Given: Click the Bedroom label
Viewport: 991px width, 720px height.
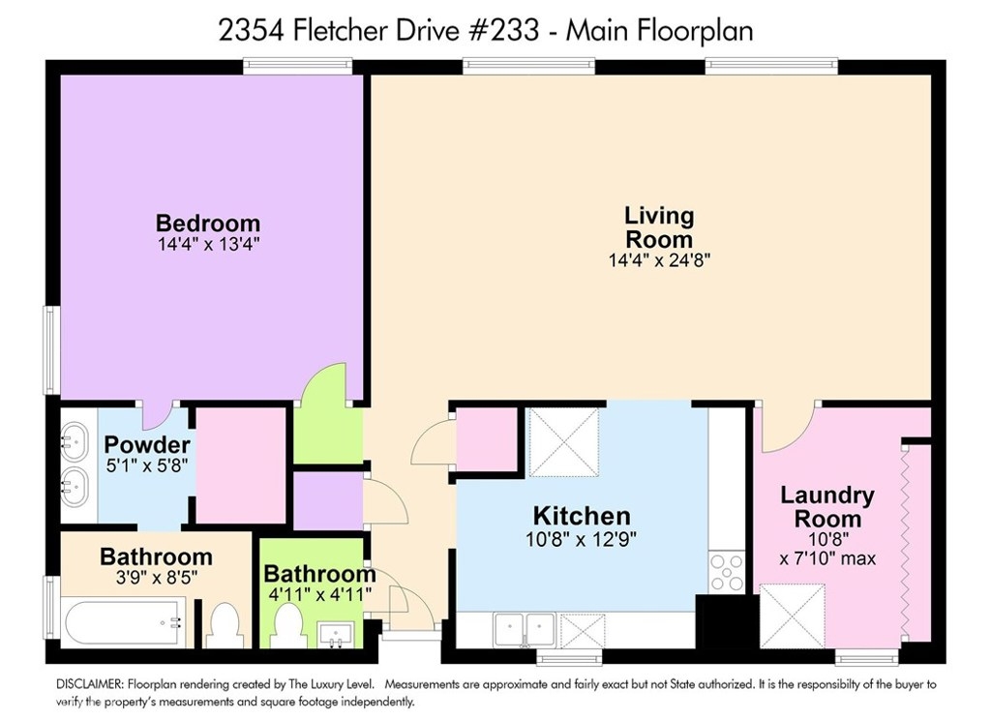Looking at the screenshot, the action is (208, 224).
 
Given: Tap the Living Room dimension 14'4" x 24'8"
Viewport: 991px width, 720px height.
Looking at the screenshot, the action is (659, 259).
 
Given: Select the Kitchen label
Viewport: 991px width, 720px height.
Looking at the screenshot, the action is (582, 516).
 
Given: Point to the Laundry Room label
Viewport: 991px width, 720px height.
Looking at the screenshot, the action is (827, 507).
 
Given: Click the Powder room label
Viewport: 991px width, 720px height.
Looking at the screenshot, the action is (147, 444).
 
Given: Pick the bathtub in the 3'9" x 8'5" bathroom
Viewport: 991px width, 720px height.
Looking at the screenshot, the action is (126, 622).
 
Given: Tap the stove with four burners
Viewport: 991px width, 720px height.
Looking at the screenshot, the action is (727, 571).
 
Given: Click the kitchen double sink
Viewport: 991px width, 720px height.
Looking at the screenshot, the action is (525, 630).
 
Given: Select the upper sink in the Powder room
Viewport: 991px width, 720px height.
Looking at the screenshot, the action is (74, 441).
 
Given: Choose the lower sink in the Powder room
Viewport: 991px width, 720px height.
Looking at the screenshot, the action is (74, 488).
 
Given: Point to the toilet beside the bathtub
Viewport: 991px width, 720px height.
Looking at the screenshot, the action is (225, 625).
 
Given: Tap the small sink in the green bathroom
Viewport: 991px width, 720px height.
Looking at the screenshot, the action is (336, 635).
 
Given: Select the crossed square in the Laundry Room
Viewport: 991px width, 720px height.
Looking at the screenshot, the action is (792, 616).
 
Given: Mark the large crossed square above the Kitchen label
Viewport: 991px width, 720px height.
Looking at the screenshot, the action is (563, 442).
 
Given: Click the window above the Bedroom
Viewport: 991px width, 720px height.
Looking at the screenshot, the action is (298, 65).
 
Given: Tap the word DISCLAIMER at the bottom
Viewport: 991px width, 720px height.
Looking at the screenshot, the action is (90, 684).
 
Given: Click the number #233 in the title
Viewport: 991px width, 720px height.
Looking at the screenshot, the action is (503, 30).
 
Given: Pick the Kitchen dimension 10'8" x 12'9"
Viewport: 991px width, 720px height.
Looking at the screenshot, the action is (581, 539).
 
